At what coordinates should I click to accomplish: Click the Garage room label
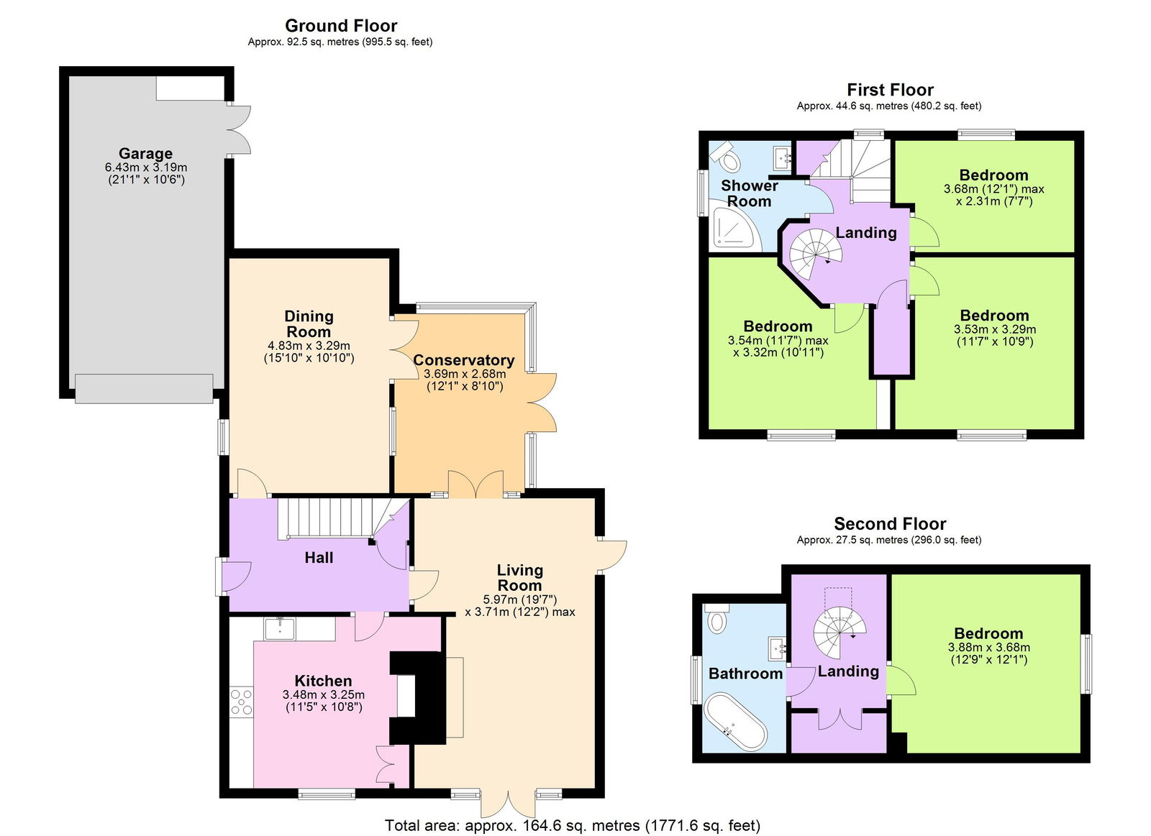coord(145,153)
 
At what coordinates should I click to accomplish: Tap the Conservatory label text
coord(463,360)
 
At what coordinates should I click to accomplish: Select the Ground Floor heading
coord(341,26)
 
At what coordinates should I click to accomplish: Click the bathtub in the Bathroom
coord(736,722)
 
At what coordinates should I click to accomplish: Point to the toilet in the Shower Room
coord(728,158)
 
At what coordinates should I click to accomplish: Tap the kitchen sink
coord(280,629)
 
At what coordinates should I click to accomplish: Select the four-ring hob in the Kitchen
coord(241,702)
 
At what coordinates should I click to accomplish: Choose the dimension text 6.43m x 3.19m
coord(145,167)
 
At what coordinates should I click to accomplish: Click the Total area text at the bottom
coord(572,825)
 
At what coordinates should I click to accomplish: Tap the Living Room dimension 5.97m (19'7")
coord(519,600)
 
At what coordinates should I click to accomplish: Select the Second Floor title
coord(890,524)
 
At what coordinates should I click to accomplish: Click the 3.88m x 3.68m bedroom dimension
coord(988,647)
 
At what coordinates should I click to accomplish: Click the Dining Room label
coord(309,323)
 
